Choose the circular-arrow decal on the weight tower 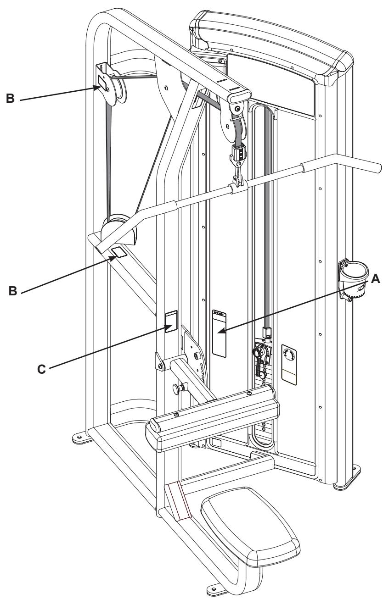point(289,355)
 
